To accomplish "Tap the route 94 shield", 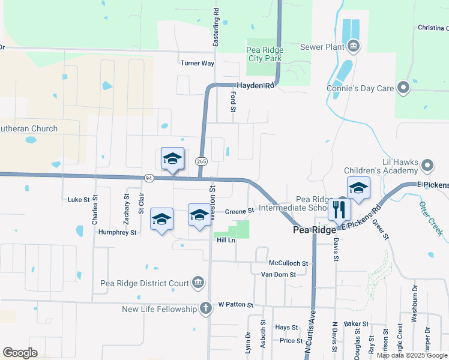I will (148, 178).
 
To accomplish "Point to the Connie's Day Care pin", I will (403, 88).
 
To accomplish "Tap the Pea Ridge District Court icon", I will (198, 283).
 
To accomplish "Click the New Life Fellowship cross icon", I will (205, 309).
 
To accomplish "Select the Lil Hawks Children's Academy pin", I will (427, 164).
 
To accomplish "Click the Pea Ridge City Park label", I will (264, 54).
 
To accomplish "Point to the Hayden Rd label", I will (255, 86).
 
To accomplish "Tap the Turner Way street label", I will (197, 63).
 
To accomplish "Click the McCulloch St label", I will (288, 263).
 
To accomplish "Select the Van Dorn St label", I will (279, 274).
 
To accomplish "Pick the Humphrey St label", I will (116, 232).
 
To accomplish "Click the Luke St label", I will (79, 199).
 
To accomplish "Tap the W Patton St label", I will (237, 305).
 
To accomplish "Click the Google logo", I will (20, 353).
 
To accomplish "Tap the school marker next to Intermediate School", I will (358, 189).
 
